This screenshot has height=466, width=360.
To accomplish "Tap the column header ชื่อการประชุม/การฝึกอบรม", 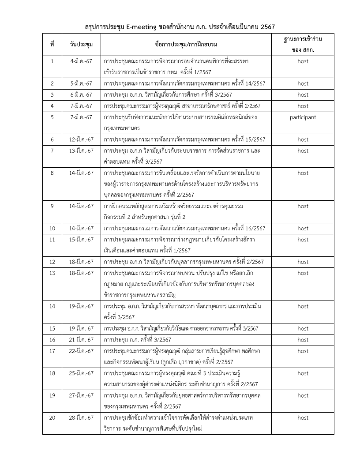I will [186, 45].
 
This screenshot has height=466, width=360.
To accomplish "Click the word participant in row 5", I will [303, 117].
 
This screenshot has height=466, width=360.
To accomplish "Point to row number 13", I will [52, 273].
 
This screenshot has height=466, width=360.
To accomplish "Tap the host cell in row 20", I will [303, 417].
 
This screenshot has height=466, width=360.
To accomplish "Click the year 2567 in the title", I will [268, 27].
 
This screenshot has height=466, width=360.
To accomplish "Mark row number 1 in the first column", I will [52, 61].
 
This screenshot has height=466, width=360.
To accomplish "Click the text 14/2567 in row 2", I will [255, 83].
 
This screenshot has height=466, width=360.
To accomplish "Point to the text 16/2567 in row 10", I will [255, 228].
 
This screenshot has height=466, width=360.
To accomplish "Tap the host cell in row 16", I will [303, 340].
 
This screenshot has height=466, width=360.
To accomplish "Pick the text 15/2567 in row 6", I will [255, 139].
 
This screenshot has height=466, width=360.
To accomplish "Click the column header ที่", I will [52, 45].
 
